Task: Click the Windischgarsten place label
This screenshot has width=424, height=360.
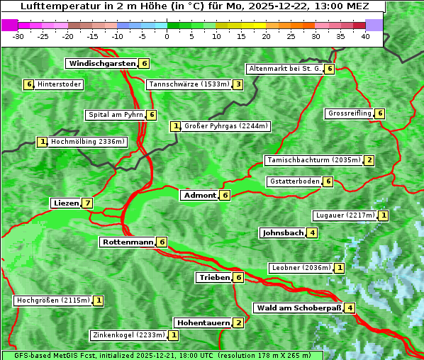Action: pos(101,64)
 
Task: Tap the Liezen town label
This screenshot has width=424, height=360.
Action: pos(66,203)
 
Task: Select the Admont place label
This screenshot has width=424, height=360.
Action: pos(199,196)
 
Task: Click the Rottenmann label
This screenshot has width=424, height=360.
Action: pos(128,242)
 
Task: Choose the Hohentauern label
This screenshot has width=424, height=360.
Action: pos(203,323)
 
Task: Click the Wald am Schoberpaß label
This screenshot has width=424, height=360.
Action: pos(299,308)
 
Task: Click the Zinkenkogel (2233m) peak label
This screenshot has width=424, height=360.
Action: pos(128,335)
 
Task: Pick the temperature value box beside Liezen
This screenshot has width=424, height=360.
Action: pos(87,203)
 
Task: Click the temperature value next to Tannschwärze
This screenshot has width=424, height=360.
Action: pos(238,85)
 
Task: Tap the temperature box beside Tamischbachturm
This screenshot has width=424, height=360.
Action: pos(369,160)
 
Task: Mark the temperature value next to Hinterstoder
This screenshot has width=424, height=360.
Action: pos(29,85)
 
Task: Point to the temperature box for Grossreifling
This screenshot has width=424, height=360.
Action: pos(380,113)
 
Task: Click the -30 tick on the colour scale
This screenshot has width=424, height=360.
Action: pos(18,36)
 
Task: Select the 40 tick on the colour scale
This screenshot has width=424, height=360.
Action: pos(365,36)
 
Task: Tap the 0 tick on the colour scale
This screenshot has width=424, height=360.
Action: pos(167,36)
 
